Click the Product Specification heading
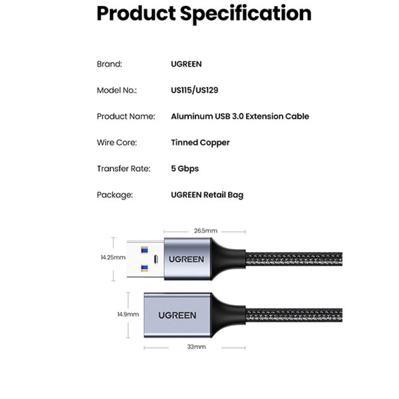click(204, 14)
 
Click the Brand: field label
click(109, 64)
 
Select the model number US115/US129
click(194, 90)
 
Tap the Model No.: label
click(117, 90)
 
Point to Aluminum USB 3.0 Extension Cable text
click(240, 116)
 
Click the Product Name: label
click(126, 116)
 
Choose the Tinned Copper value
click(200, 143)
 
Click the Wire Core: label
click(117, 142)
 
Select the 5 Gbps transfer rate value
click(185, 169)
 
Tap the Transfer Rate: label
click(123, 168)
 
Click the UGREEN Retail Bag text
click(207, 195)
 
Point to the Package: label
click(115, 195)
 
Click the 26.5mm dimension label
click(205, 231)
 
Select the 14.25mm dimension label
click(113, 257)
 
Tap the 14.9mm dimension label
click(128, 314)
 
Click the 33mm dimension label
click(196, 347)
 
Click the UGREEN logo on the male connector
click(186, 259)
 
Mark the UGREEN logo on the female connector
click(177, 316)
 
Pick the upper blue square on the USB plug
click(144, 251)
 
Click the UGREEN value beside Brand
click(186, 64)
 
